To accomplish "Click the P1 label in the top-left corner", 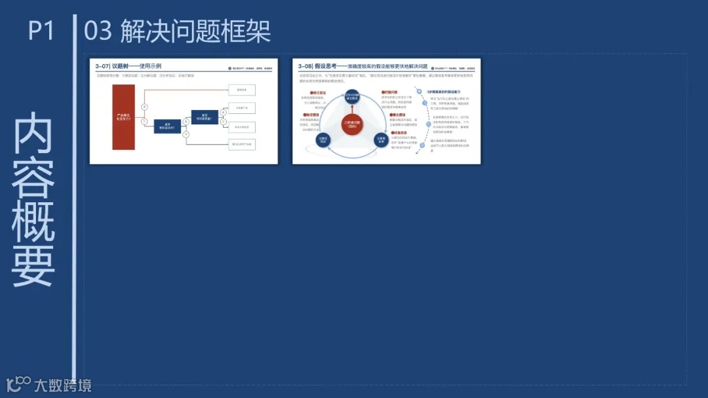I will [x=41, y=31].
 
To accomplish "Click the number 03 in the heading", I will [x=98, y=31].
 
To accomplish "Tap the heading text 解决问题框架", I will [x=196, y=31].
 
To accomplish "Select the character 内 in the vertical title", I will [x=33, y=133].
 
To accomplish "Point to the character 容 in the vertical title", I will [x=33, y=177].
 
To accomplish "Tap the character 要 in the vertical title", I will [x=33, y=264].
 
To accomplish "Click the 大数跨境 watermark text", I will [x=63, y=385].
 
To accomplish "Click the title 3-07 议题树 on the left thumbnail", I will [x=128, y=66].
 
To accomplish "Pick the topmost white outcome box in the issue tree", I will [x=241, y=90].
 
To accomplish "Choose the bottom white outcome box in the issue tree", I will [x=241, y=144].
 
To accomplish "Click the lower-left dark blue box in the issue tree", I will [x=167, y=127].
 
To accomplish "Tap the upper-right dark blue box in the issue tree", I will [x=205, y=117].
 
